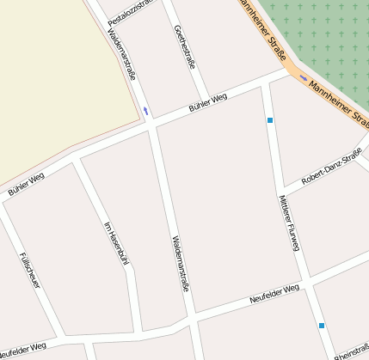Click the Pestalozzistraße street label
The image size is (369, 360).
[x=130, y=9]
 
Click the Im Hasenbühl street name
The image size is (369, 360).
[x=115, y=244]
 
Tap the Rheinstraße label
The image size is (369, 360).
[x=351, y=351]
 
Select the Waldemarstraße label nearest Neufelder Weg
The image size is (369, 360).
[x=179, y=263]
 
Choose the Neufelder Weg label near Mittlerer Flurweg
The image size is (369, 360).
[x=274, y=295]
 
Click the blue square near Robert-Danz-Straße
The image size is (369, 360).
[x=270, y=120]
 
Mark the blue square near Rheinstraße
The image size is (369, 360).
[x=322, y=326]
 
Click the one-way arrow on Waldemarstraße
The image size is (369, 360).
[x=145, y=111]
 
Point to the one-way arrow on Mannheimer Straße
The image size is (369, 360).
[x=303, y=77]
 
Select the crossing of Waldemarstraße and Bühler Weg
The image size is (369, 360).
[x=151, y=125]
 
